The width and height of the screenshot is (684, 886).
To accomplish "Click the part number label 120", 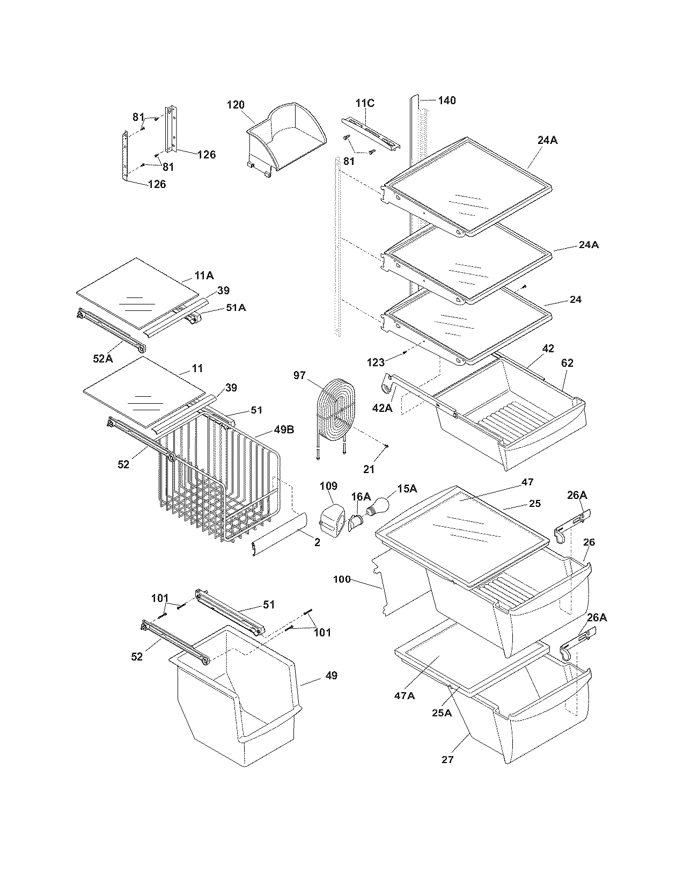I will click(x=236, y=104).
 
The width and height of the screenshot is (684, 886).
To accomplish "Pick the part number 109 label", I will click(x=328, y=486).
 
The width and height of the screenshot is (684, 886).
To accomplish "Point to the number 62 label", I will click(x=567, y=363).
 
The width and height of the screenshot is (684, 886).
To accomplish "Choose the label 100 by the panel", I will click(x=342, y=579).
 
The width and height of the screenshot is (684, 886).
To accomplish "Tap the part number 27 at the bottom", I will click(x=447, y=759).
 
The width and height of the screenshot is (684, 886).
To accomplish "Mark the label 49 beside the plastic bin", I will click(x=332, y=675).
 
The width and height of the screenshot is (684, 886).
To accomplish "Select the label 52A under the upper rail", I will click(x=102, y=359).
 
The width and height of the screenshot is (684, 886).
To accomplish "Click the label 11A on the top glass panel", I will click(x=204, y=275).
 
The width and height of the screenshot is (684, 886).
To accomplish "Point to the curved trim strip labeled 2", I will click(x=279, y=534).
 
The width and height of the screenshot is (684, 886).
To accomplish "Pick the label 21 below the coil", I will click(x=369, y=469).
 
